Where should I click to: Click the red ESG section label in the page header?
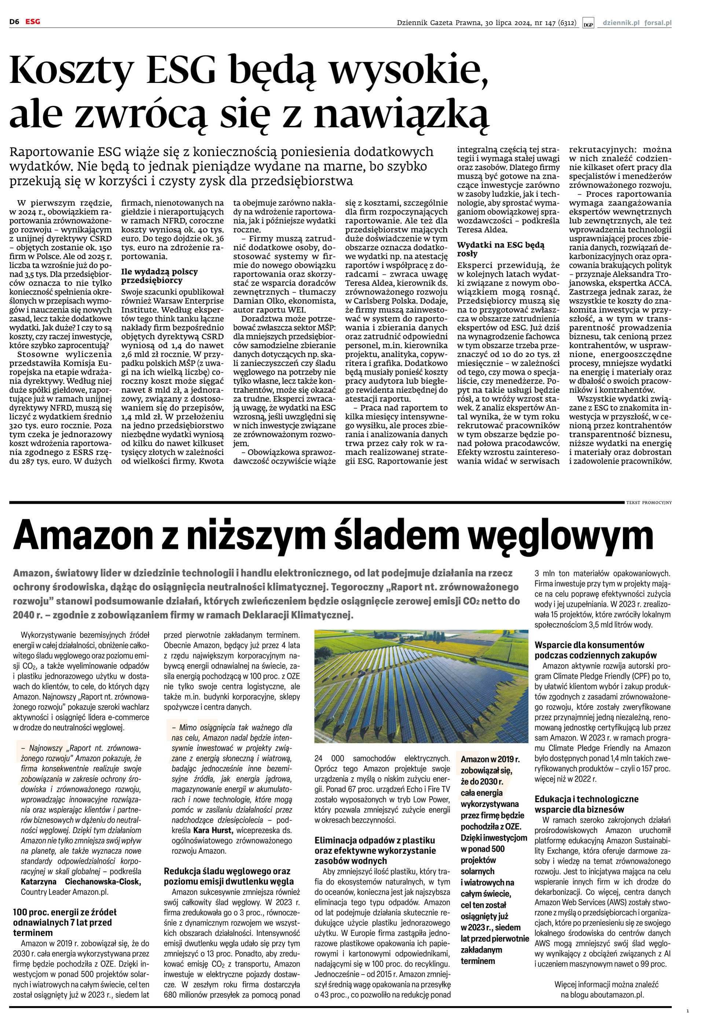tap(32, 21)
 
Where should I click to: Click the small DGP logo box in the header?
tap(588, 24)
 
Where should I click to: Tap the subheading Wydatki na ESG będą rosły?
tap(500, 249)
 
